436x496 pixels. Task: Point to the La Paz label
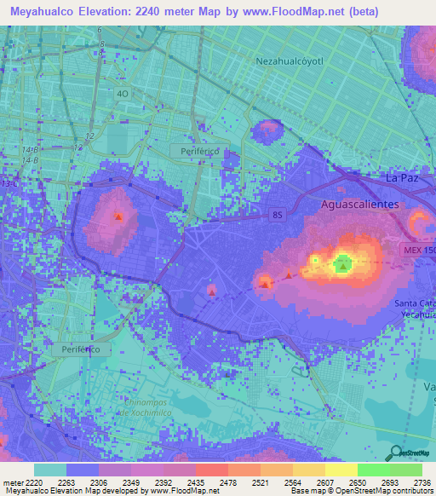403,177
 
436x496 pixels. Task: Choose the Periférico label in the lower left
76,349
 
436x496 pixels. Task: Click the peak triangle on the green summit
342,266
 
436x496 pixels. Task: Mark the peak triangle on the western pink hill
118,216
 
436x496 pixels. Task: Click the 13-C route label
9,183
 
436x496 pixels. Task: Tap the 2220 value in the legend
27,482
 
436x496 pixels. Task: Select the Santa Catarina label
415,304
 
